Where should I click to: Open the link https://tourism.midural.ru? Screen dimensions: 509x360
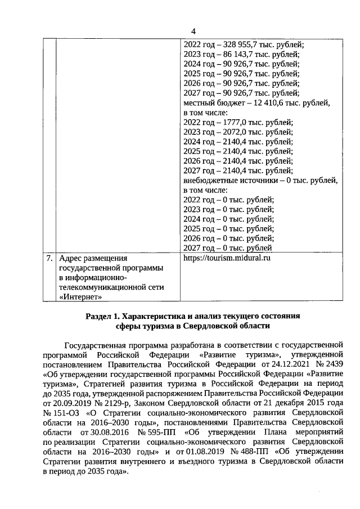(x=227, y=258)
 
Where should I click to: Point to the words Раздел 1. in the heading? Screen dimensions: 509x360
(x=103, y=316)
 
